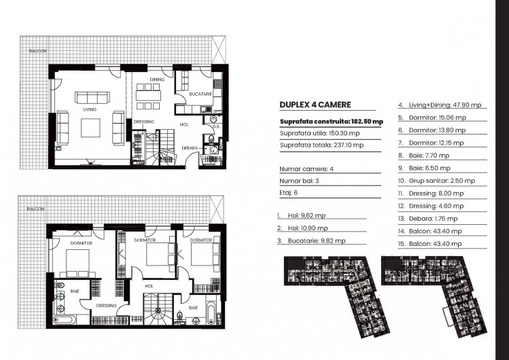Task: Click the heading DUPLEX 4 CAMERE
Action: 315,105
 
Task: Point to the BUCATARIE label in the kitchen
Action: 198,92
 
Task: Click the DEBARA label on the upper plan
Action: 190,147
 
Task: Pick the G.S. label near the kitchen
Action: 215,126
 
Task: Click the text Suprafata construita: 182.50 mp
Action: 331,121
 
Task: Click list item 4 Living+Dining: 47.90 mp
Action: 440,105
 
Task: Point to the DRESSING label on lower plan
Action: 106,306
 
